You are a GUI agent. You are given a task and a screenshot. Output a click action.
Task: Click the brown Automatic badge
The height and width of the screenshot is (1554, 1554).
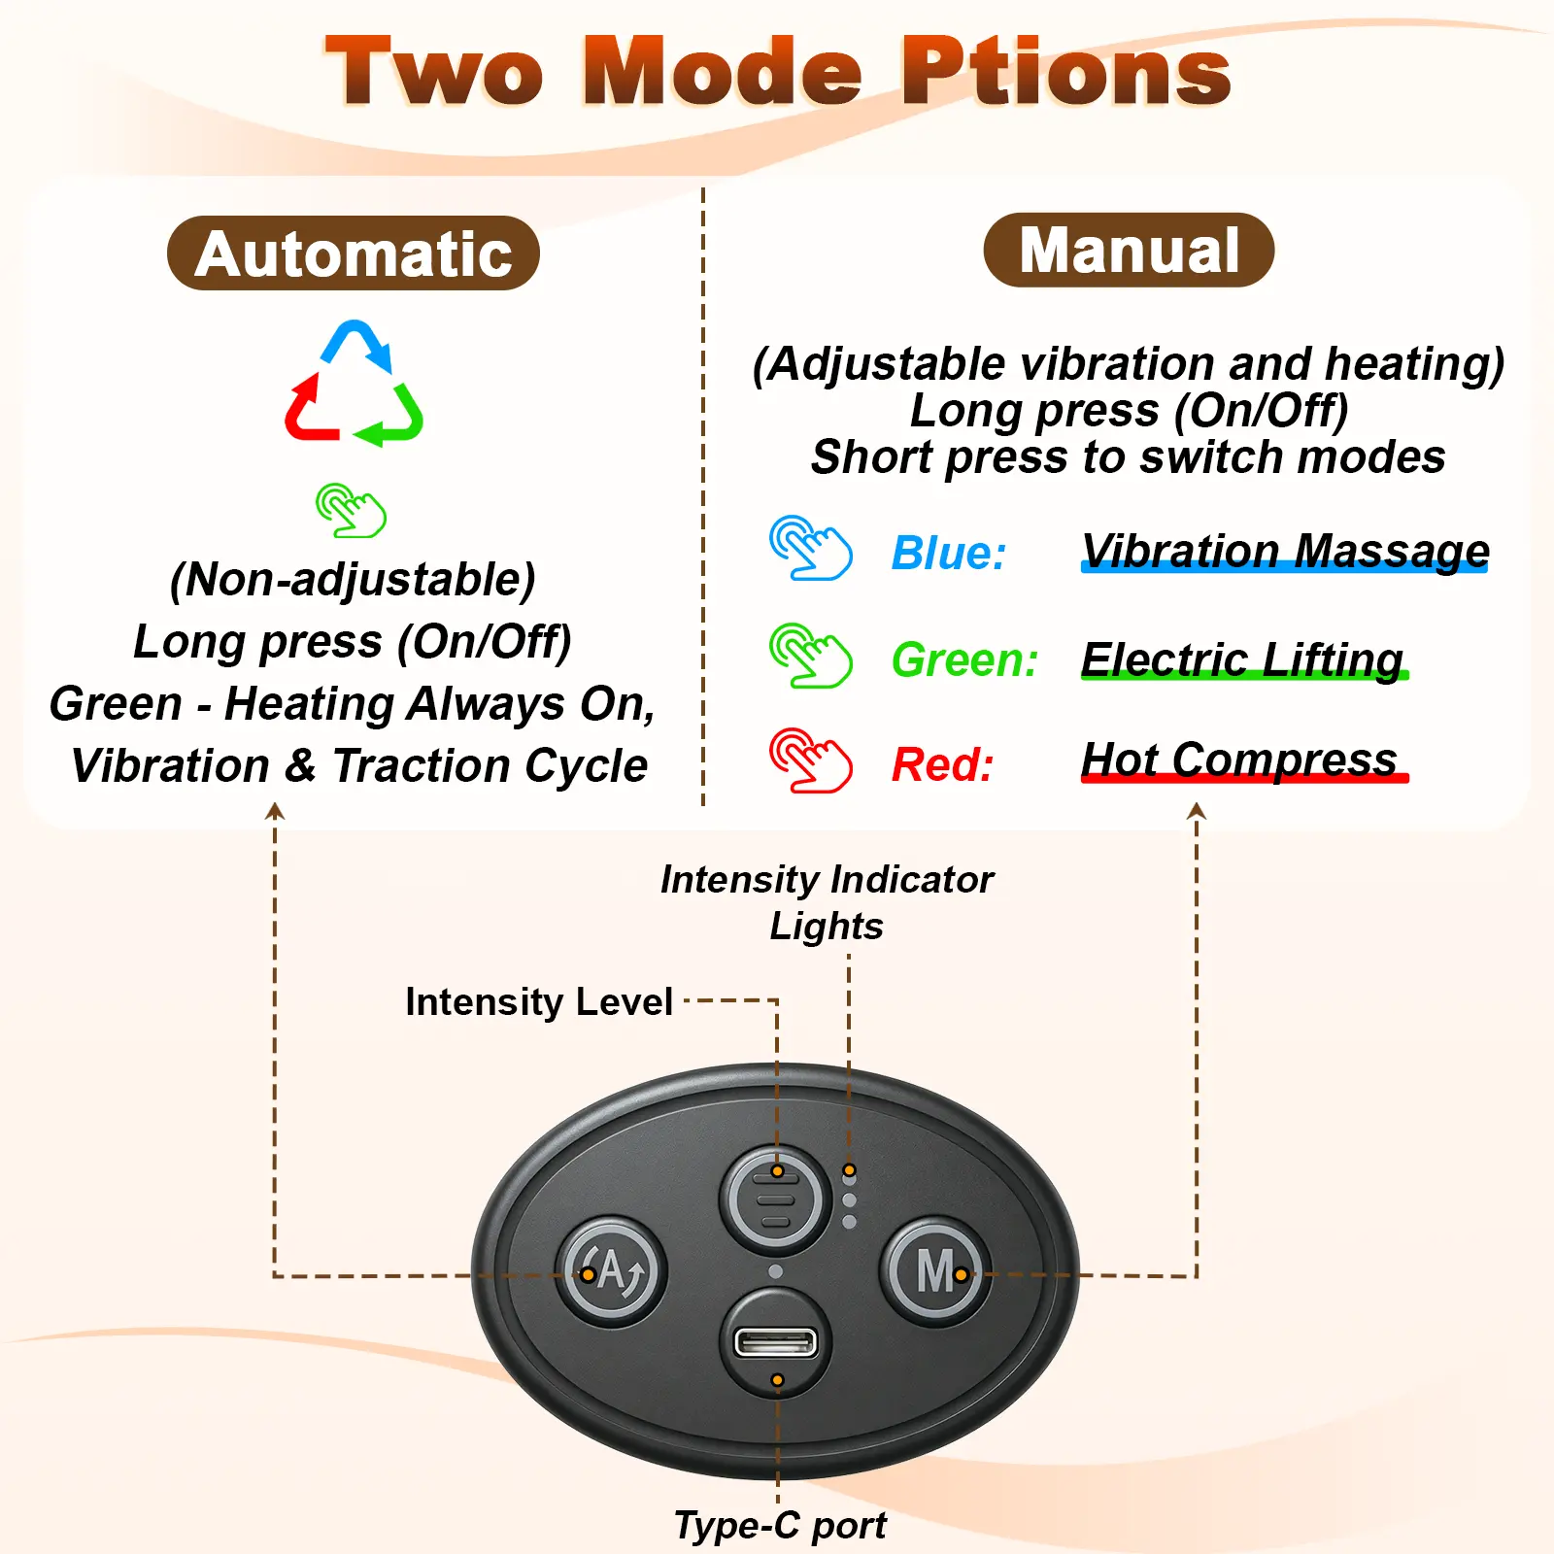[354, 253]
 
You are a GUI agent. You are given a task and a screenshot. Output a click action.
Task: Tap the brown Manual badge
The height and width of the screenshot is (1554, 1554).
[1129, 250]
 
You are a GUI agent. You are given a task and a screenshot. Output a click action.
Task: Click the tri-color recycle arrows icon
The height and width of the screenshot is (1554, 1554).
[354, 383]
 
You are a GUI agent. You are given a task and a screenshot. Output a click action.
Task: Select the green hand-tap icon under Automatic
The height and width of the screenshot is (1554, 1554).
[352, 510]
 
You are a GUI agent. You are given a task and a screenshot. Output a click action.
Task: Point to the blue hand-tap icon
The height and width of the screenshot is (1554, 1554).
[811, 548]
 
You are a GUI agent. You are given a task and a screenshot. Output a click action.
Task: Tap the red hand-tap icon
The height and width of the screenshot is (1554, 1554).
[811, 760]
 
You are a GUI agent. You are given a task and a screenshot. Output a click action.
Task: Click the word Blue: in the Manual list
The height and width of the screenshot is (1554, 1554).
[949, 553]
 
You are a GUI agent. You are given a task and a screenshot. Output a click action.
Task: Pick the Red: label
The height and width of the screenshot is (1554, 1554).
[943, 764]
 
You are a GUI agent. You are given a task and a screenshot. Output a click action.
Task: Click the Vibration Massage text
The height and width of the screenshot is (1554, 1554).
[1285, 551]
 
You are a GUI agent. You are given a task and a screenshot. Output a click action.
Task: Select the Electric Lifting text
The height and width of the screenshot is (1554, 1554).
[1243, 659]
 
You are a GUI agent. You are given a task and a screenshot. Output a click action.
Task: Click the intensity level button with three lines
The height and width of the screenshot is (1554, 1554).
[775, 1199]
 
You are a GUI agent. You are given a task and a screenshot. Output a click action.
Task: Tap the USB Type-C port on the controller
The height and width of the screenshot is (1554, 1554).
[775, 1342]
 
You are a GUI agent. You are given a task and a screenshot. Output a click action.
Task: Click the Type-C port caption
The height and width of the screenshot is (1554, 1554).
[780, 1526]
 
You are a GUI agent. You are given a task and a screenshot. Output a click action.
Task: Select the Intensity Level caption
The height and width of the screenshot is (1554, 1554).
[539, 1001]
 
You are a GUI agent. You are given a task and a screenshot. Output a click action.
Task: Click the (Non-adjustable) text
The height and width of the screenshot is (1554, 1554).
[353, 580]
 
